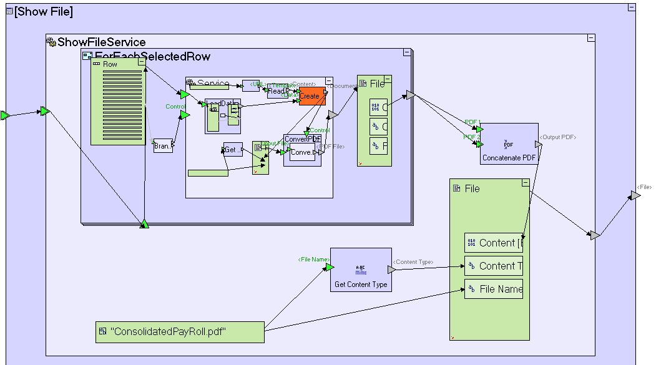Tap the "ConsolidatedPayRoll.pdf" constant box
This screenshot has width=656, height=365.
(180, 332)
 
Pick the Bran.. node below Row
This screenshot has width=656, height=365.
(162, 146)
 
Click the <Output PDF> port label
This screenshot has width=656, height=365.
(558, 137)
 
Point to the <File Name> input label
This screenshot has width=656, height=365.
(313, 259)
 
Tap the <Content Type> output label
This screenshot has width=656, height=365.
(413, 262)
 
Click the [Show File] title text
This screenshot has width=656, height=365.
(43, 12)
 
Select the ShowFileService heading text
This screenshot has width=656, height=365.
(101, 42)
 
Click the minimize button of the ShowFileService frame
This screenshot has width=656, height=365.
(590, 39)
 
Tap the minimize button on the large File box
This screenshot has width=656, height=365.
(525, 183)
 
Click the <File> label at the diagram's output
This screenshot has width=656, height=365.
(644, 187)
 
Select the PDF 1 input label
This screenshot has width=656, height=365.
(472, 122)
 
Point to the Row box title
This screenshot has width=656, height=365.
(110, 64)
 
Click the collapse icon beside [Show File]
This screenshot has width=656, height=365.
(9, 12)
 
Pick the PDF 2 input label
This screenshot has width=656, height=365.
(471, 137)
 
